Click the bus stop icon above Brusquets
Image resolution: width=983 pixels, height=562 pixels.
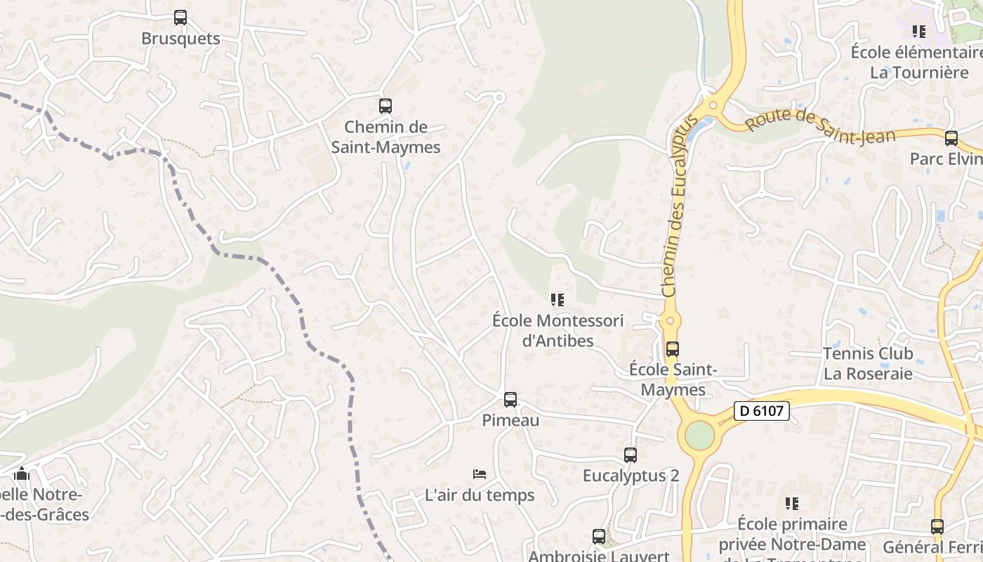[x=180, y=18]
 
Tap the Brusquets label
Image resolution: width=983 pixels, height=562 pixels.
[x=180, y=39]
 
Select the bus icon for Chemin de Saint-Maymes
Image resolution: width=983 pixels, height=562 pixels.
[x=385, y=106]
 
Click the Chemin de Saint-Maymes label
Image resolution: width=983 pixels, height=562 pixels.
[x=385, y=137]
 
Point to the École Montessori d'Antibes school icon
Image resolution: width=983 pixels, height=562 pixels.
[x=558, y=300]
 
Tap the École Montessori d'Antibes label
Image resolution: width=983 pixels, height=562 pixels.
[x=558, y=331]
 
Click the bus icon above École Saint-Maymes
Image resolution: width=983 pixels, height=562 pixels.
[x=672, y=348]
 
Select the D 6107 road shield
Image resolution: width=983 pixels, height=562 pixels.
[x=762, y=411]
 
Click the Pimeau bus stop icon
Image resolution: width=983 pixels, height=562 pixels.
[x=510, y=400]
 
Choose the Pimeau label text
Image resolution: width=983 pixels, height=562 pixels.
[x=510, y=420]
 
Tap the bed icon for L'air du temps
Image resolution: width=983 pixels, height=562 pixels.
[x=480, y=474]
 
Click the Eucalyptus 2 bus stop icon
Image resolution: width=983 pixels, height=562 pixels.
[x=631, y=455]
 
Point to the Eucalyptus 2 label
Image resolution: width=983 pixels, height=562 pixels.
[x=631, y=476]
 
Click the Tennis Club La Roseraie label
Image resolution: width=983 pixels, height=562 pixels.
[x=868, y=363]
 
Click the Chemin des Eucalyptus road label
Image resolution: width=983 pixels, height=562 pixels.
[x=678, y=204]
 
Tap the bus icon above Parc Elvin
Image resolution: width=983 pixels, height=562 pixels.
[x=951, y=138]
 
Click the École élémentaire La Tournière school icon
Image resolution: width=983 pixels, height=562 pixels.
[x=918, y=32]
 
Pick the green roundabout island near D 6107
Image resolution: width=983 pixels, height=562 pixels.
[x=699, y=436]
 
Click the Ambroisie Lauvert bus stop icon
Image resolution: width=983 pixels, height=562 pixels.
[x=598, y=537]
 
